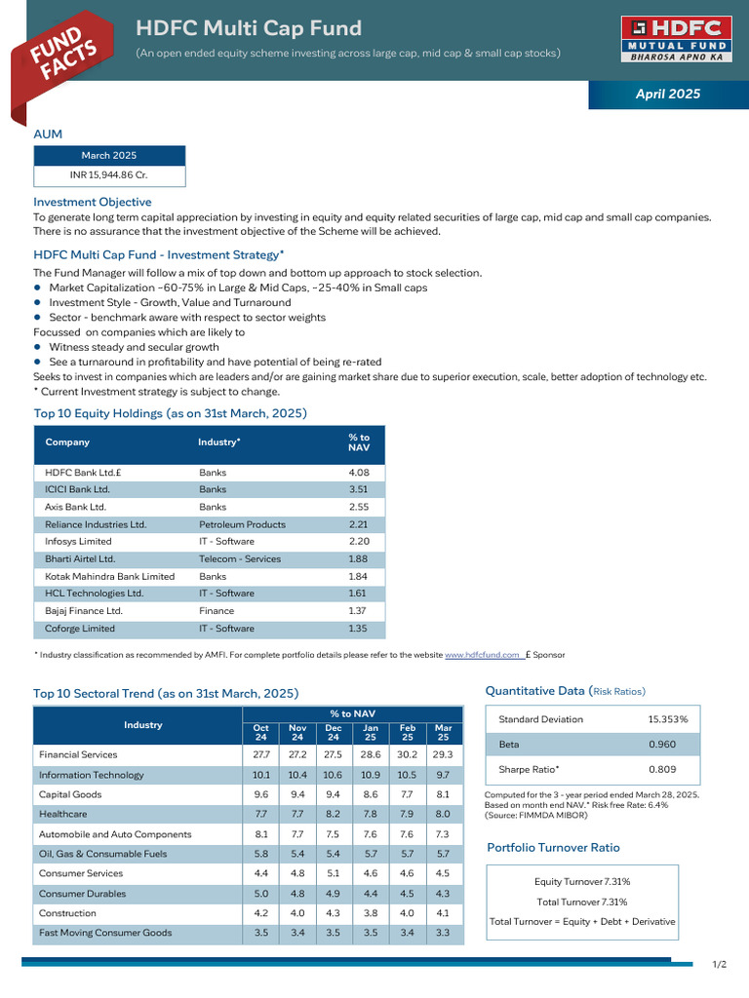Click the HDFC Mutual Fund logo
pos(672,39)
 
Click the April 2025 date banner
pos(667,95)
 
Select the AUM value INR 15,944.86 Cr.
pos(109,175)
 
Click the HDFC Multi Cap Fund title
pos(249,28)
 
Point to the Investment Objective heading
pos(92,202)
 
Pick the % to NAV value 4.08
pos(359,473)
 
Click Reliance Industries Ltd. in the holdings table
pos(96,524)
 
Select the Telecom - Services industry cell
pos(240,559)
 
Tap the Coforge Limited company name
pos(80,629)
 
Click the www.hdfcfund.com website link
pos(482,655)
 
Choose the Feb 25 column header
pos(408,733)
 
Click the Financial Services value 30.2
pos(408,755)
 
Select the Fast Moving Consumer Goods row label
pos(104,933)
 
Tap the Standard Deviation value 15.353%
pos(667,719)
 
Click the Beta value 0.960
pos(661,745)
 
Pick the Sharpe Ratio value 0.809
pos(661,770)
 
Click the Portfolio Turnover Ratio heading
pos(553,848)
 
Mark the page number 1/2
pos(720,965)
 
